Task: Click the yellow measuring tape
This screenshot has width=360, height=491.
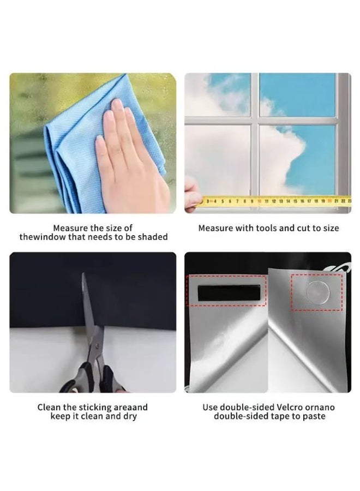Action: tap(273, 201)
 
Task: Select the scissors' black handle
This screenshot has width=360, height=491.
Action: tap(95, 376)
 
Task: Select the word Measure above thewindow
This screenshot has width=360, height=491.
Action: tap(70, 228)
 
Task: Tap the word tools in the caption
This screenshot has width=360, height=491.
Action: tap(263, 228)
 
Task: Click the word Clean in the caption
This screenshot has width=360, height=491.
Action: tap(49, 408)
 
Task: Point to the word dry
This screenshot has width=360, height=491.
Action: tap(129, 416)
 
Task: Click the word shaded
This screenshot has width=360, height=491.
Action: tap(152, 237)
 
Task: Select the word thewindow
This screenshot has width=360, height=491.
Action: tap(40, 237)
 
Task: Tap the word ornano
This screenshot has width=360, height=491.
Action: tap(322, 408)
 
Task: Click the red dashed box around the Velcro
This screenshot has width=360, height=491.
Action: tap(226, 277)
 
